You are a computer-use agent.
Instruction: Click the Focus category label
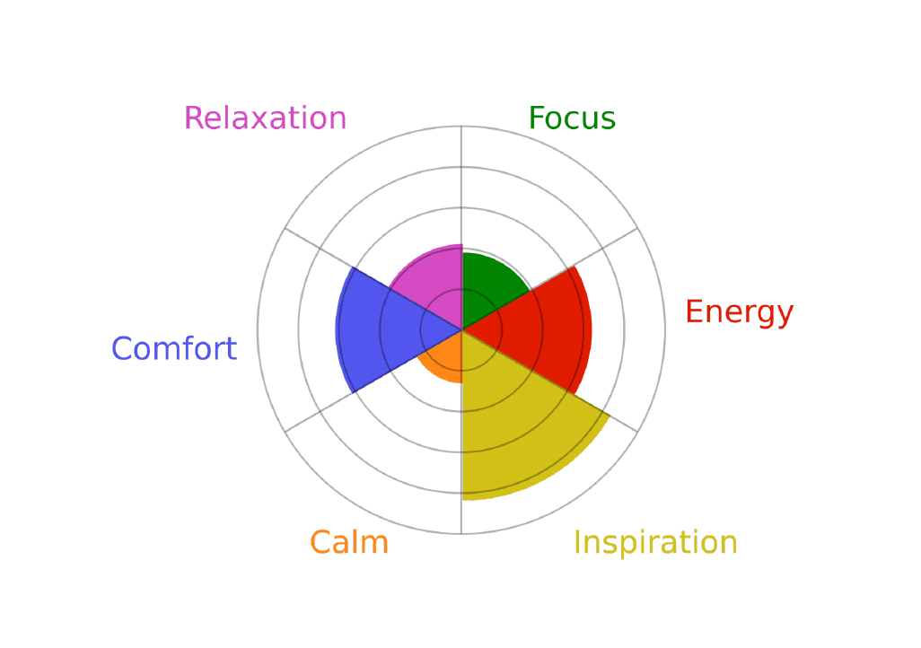(572, 118)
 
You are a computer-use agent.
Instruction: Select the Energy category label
(740, 312)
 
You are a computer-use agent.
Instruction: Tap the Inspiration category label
(655, 542)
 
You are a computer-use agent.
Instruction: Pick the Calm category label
(349, 542)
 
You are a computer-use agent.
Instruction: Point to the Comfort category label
(174, 348)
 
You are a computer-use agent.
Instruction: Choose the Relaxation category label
(266, 118)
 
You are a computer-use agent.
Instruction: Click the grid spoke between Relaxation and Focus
(461, 228)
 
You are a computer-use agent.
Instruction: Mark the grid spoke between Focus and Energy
(549, 279)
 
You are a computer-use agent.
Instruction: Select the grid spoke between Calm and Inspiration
(461, 432)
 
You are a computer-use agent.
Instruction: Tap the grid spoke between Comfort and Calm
(373, 381)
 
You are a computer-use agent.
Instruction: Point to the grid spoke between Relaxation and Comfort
(373, 279)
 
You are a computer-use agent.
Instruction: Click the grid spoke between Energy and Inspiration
(549, 381)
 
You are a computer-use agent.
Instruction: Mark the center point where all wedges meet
(461, 330)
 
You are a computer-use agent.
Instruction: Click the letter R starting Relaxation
(193, 118)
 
